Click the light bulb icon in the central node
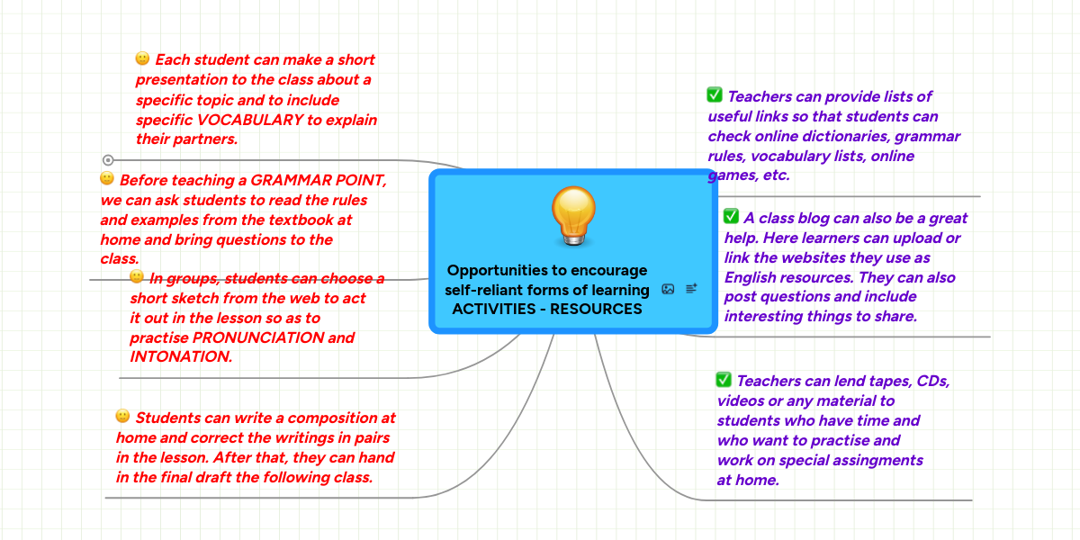[573, 216]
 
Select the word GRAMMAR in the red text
[283, 179]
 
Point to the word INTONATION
[180, 356]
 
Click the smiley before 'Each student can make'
[142, 58]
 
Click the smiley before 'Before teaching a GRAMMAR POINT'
[107, 178]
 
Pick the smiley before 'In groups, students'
[137, 276]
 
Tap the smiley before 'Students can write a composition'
[123, 416]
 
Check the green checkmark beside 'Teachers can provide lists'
[715, 94]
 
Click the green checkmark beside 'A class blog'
[731, 216]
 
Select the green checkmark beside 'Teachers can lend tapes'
[724, 380]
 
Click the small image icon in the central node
[668, 289]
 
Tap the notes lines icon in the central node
[691, 289]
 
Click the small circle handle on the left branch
[108, 159]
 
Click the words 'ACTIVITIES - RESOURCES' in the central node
[547, 309]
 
